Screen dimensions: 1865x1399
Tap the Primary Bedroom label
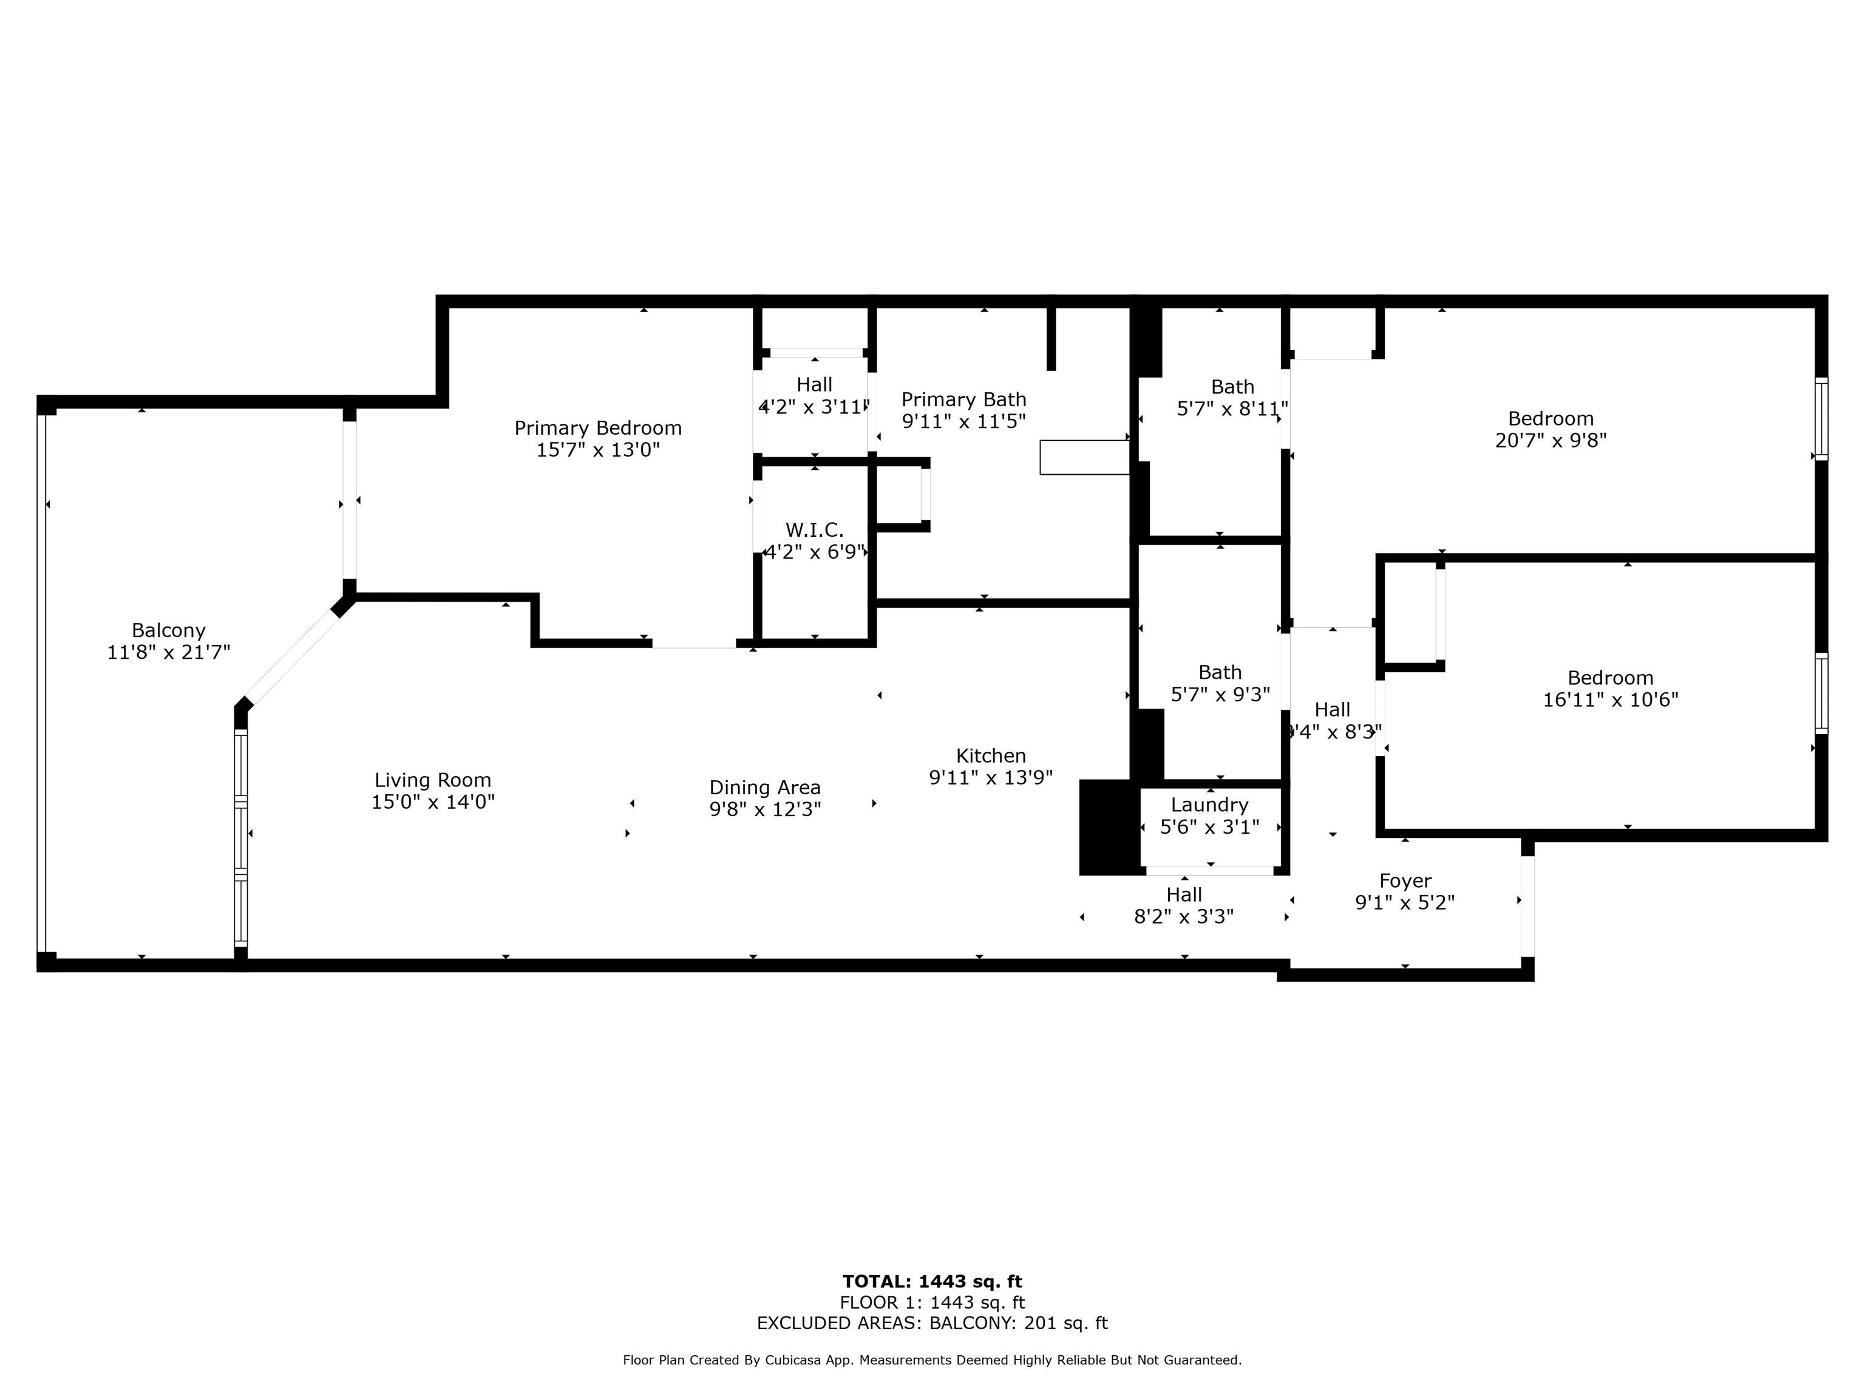click(598, 429)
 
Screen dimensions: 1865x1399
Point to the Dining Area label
click(765, 788)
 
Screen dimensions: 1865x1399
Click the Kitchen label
click(991, 755)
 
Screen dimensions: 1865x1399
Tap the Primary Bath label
click(963, 400)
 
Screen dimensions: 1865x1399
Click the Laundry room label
click(1209, 805)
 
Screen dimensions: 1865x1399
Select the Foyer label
click(1405, 881)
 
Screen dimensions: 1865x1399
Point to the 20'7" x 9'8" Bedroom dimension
click(1551, 440)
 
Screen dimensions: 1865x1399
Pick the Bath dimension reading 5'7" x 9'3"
click(1220, 695)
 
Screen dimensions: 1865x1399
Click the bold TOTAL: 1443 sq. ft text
click(932, 1282)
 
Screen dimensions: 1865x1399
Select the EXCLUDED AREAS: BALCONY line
click(932, 1323)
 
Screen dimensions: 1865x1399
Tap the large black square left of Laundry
click(1110, 827)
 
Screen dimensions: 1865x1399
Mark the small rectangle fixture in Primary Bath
click(1084, 457)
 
